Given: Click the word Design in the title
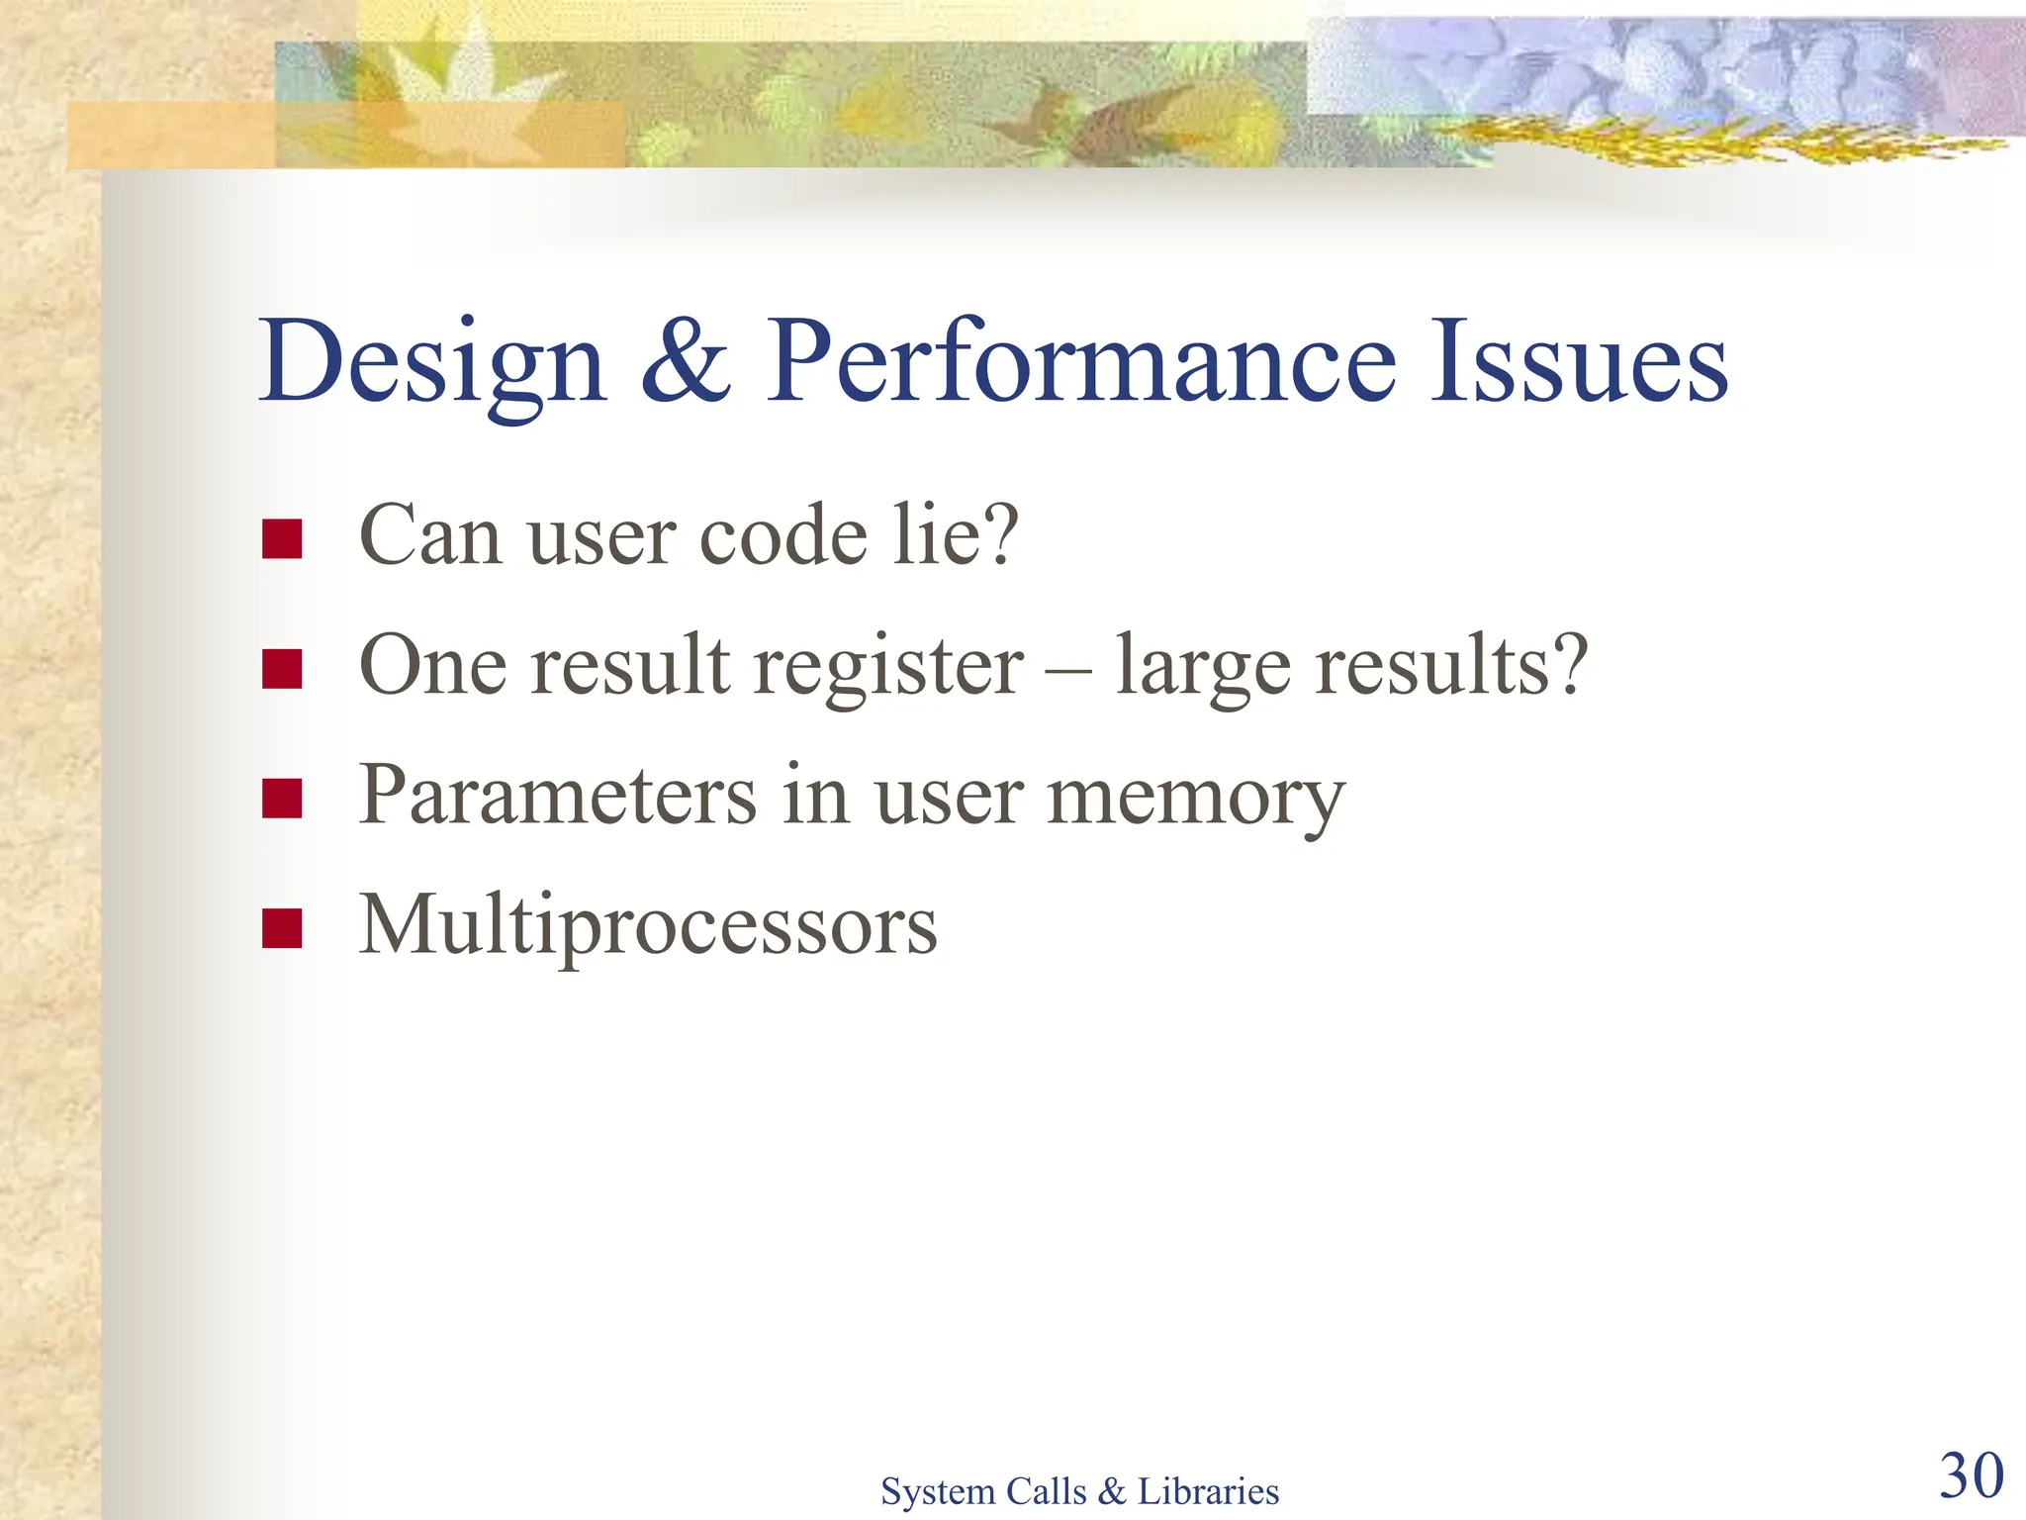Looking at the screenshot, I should pos(431,364).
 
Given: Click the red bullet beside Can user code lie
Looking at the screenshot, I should pos(282,539).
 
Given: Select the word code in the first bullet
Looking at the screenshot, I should pos(783,536).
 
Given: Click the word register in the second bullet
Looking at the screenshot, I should pos(888,668).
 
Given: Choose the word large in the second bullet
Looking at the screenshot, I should pos(1202,668).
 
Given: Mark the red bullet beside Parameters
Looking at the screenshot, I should pos(282,799).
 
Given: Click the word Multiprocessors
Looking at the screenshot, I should pos(648,928).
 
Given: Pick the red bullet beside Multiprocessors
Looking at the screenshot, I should pos(282,928).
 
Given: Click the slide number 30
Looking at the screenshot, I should pos(1971,1476).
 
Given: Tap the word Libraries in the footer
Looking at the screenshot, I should pos(1208,1491).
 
